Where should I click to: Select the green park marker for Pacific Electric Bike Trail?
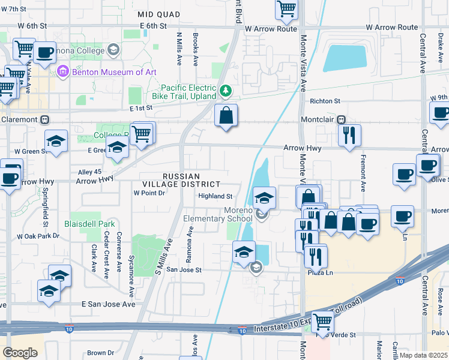pos(226,91)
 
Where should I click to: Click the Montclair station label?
pos(316,120)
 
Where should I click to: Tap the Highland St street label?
pos(215,196)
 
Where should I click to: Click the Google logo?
pos(20,353)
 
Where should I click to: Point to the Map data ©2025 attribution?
pos(423,355)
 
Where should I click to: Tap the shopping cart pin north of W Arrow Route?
pos(287,8)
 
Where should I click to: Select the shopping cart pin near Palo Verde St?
pos(323,321)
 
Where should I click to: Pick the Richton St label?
pos(325,101)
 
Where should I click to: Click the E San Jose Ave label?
pos(109,304)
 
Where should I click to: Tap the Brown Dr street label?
pos(100,353)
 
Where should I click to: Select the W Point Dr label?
pos(149,193)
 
